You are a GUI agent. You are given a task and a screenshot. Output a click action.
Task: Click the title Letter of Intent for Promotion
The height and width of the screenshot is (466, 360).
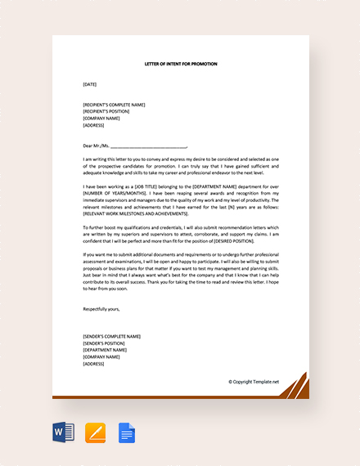click(181, 63)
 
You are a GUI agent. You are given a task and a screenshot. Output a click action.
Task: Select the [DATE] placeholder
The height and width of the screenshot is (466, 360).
click(90, 84)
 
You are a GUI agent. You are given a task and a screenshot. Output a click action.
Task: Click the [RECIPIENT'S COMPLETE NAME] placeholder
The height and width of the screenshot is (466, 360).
click(114, 105)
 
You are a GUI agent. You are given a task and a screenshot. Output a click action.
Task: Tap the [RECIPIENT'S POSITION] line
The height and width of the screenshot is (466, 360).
click(110, 111)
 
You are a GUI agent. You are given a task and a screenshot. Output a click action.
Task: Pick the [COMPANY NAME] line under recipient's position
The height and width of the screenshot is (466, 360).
click(101, 119)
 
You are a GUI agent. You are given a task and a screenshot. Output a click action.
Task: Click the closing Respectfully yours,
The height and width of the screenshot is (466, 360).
click(101, 309)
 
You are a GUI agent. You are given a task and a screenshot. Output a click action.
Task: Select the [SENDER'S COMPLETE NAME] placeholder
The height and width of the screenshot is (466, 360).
click(111, 336)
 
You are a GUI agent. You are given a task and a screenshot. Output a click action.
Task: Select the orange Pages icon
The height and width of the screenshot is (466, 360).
click(95, 432)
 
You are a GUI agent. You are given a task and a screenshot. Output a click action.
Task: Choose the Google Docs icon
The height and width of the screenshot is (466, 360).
click(126, 432)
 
